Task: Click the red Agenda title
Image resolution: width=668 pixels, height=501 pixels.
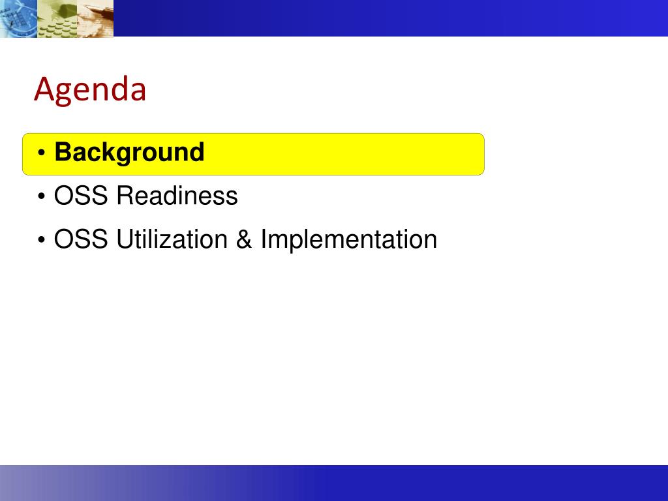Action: [x=90, y=90]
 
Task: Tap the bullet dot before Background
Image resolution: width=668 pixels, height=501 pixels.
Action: [x=41, y=153]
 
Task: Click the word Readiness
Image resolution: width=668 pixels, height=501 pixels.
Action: [x=177, y=196]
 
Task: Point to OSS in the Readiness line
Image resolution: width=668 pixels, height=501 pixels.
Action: [x=80, y=196]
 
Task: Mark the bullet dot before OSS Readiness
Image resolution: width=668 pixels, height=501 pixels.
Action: [x=41, y=196]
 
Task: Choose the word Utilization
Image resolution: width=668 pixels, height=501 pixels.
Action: [x=172, y=239]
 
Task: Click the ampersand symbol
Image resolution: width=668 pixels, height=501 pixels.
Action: [x=244, y=239]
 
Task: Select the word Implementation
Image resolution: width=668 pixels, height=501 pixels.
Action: [x=349, y=239]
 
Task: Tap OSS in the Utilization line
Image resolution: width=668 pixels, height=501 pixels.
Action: [x=80, y=239]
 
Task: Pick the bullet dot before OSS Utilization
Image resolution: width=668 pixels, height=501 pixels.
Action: [x=41, y=240]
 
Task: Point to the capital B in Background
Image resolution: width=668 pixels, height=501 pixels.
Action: [x=64, y=151]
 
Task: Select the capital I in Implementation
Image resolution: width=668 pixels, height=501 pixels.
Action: [x=264, y=239]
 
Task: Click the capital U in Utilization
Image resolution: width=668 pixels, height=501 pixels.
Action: [x=125, y=239]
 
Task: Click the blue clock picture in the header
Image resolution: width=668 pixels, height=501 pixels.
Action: [x=19, y=18]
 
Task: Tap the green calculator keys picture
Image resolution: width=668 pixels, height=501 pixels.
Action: [x=57, y=18]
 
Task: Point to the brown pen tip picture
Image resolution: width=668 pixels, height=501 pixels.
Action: [x=95, y=18]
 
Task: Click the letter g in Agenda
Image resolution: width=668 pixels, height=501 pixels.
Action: [x=68, y=94]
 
